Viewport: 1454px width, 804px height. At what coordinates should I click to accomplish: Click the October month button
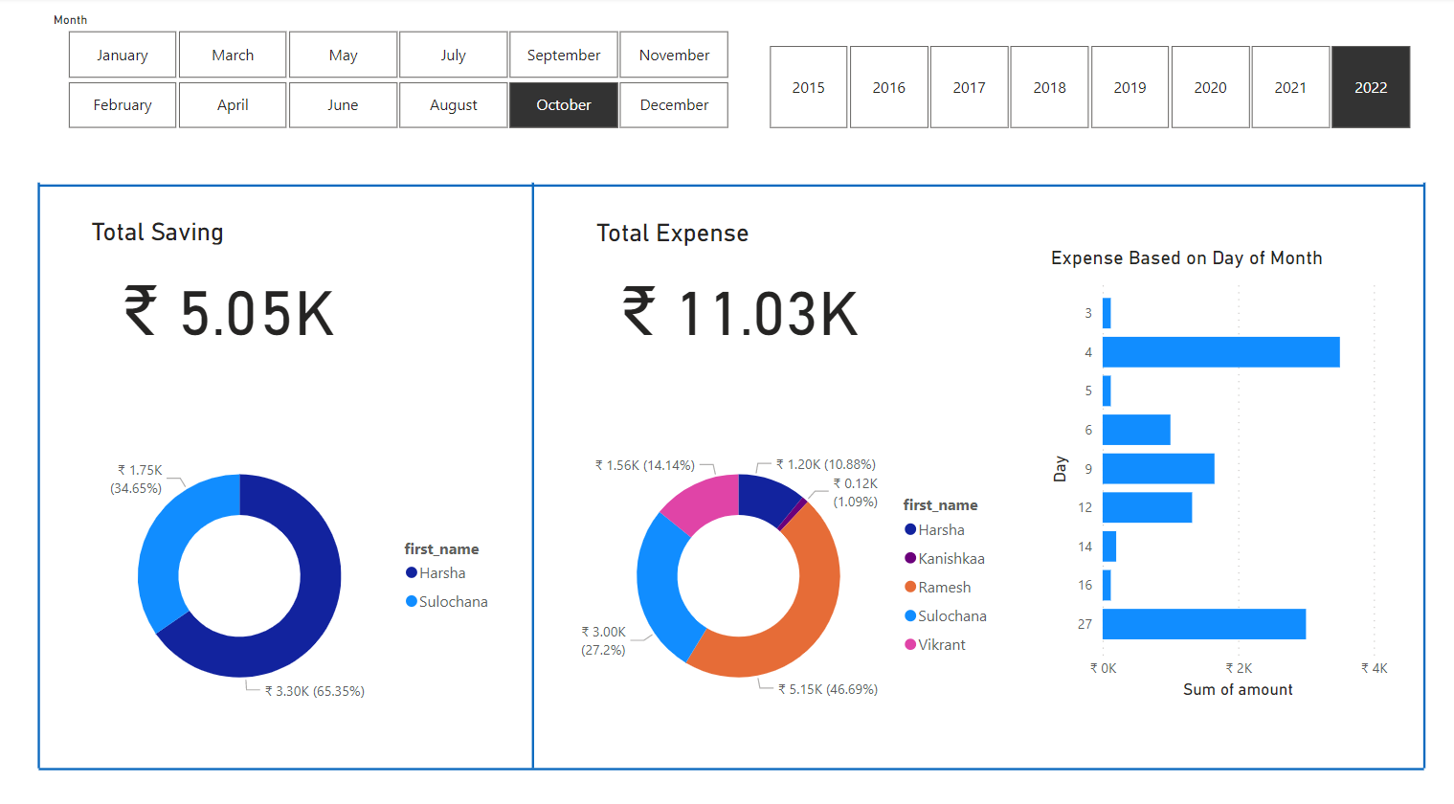pos(563,105)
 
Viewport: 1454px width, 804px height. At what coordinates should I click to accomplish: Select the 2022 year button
pos(1370,87)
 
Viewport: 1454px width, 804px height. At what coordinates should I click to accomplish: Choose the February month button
pos(123,105)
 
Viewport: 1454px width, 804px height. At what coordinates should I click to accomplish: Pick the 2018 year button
pos(1049,87)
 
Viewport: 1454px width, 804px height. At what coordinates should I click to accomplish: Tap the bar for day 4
pos(1220,352)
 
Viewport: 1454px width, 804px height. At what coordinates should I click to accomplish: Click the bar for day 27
pos(1203,624)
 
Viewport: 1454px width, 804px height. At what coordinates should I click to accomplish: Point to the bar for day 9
pos(1157,469)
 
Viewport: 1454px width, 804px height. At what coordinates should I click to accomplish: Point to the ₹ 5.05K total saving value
pos(229,314)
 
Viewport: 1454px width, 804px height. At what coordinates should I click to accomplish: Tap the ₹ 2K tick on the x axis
pos(1239,668)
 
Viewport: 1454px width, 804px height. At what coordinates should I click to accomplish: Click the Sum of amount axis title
pos(1238,690)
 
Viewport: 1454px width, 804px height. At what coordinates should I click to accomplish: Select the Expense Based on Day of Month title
pos(1186,258)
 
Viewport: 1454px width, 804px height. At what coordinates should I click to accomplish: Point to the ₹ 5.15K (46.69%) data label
pos(827,689)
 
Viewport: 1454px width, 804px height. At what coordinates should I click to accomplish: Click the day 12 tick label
pos(1085,507)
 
